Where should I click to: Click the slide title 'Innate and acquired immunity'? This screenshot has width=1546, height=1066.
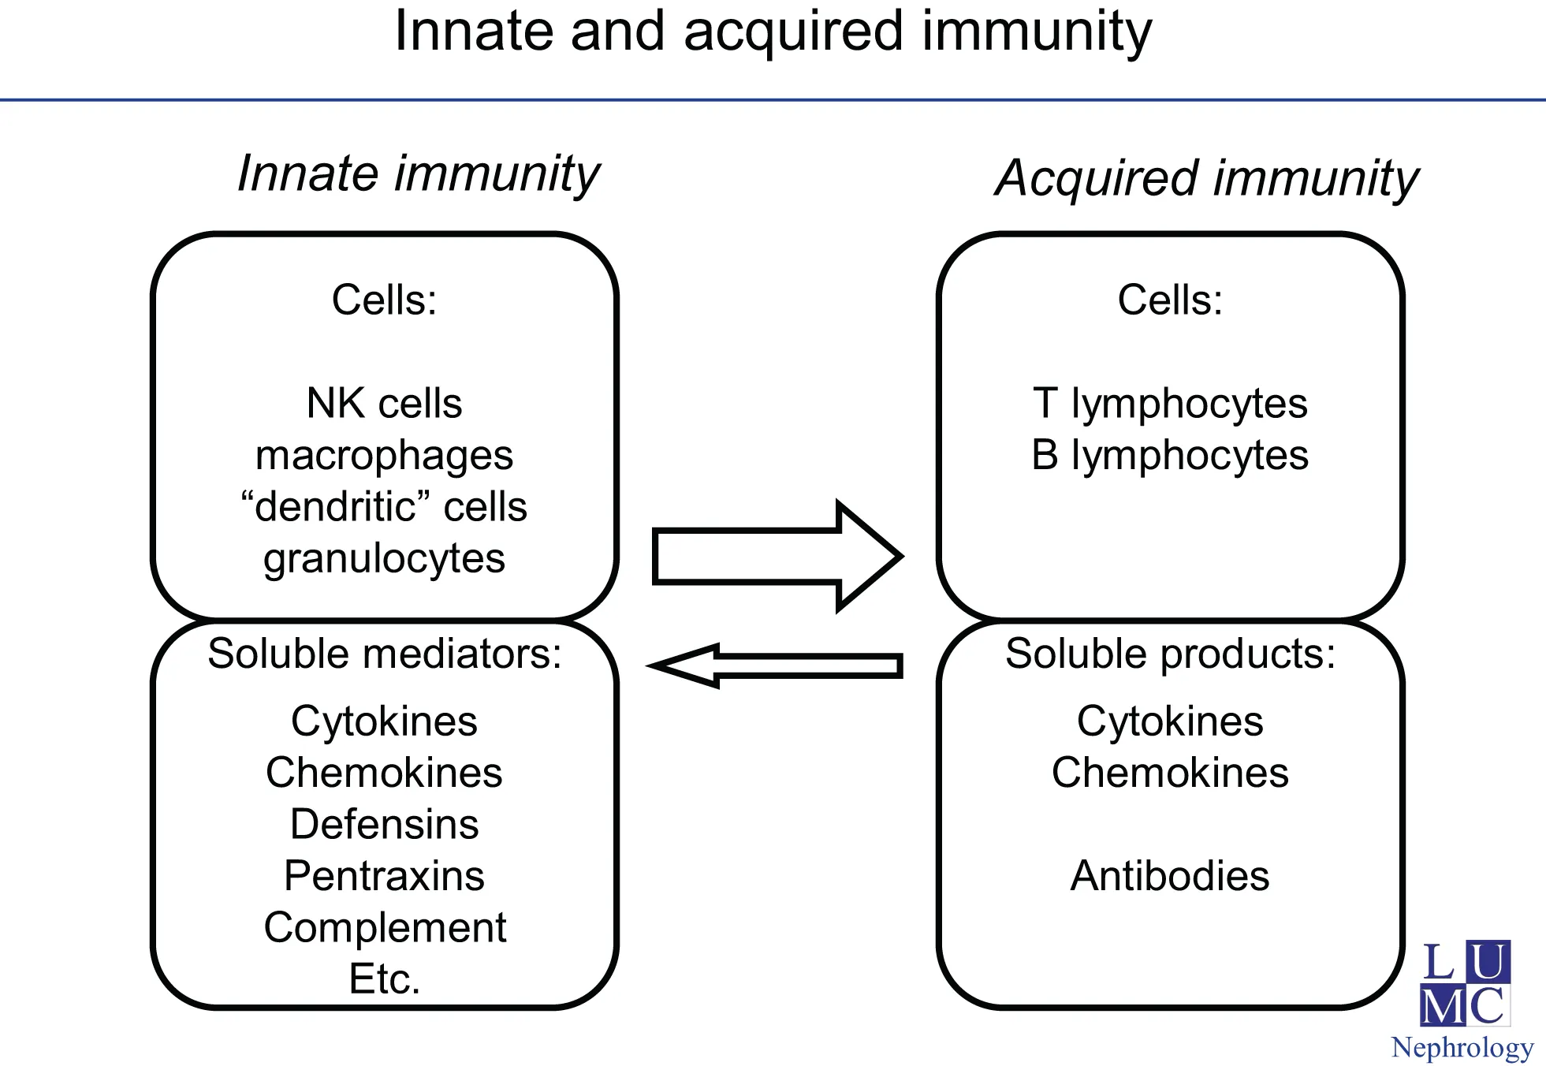click(x=773, y=32)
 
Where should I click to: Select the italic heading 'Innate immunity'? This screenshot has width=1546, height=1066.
click(x=419, y=173)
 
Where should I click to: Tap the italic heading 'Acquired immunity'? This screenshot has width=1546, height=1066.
click(x=1206, y=178)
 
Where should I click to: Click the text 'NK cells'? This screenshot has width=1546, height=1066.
click(x=384, y=404)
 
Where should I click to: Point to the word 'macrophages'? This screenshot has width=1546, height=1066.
click(x=384, y=456)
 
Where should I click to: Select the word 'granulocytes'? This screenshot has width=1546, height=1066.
click(x=384, y=559)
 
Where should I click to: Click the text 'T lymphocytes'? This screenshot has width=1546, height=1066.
click(x=1170, y=404)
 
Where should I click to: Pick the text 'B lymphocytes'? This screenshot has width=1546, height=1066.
click(x=1170, y=456)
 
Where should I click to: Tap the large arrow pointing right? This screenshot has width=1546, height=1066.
click(x=777, y=557)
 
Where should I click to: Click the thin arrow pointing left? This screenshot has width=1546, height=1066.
click(x=777, y=665)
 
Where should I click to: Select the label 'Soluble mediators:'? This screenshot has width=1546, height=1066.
click(x=385, y=654)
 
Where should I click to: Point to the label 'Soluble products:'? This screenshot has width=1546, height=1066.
click(x=1171, y=654)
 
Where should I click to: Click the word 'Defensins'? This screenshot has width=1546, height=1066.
click(x=384, y=825)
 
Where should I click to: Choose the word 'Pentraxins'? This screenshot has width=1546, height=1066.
click(x=384, y=876)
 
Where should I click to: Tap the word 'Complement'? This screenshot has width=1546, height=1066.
click(x=385, y=928)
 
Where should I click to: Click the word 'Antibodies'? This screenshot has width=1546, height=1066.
click(x=1170, y=876)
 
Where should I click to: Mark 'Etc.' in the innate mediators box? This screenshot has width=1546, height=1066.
click(x=385, y=979)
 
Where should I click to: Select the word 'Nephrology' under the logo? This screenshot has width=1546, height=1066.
click(x=1462, y=1049)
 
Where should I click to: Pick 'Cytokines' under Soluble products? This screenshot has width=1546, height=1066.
click(x=1170, y=721)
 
